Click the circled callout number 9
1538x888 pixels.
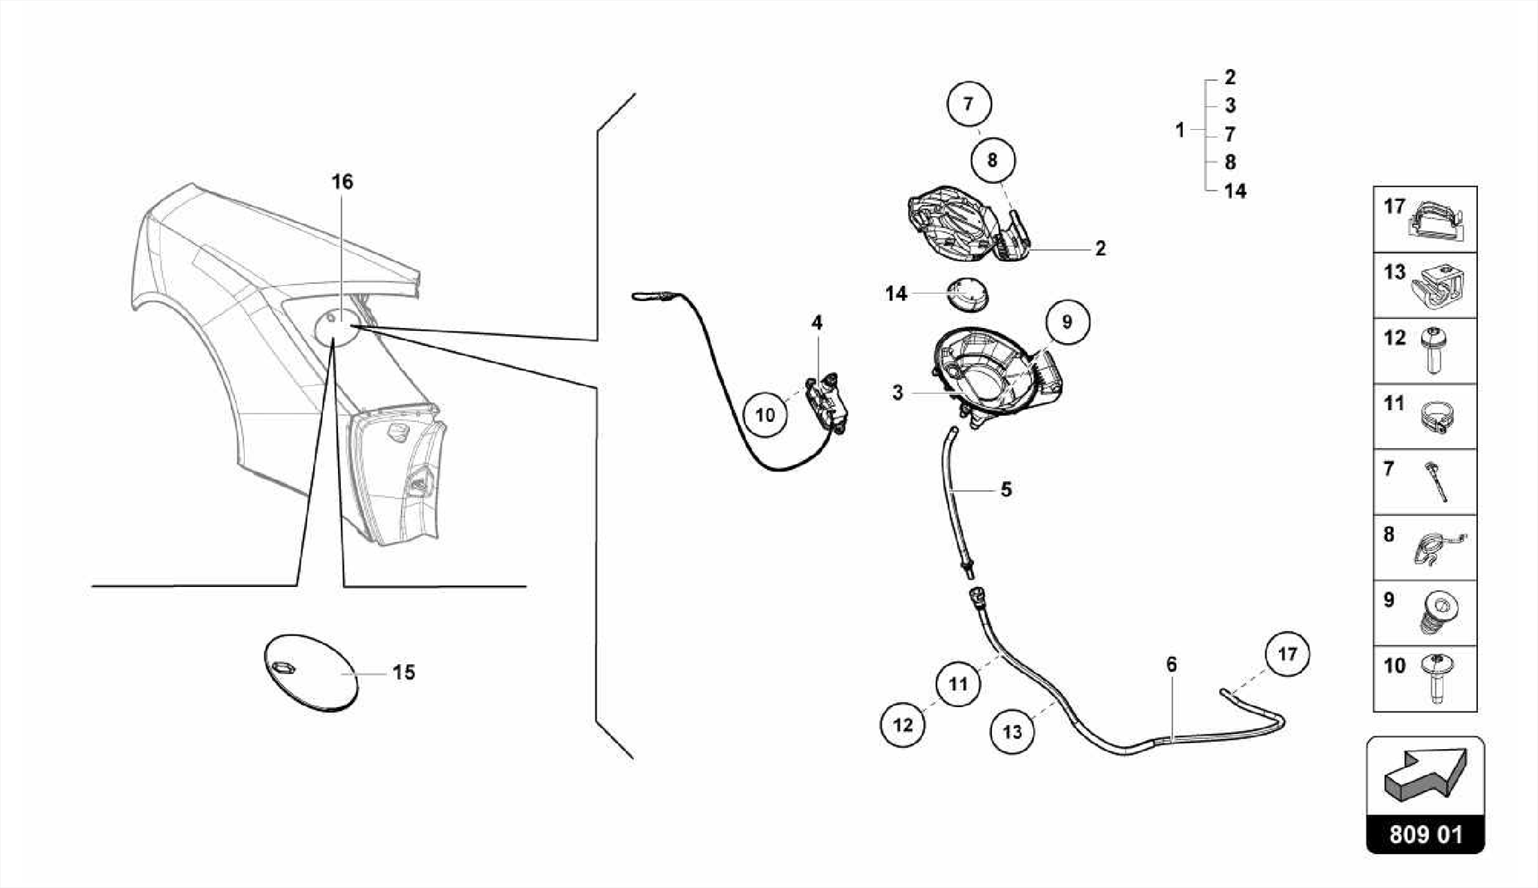1066,322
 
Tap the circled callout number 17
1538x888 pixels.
1287,654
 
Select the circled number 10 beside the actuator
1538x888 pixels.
764,414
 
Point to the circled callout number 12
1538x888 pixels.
903,724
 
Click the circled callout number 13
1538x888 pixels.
1012,731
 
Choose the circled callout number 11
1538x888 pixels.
958,684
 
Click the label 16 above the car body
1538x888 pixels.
342,182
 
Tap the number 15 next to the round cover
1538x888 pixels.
404,673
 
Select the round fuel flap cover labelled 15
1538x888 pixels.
311,672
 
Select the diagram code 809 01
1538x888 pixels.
1425,835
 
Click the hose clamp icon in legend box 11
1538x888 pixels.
1437,417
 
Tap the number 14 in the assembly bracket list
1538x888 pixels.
1235,191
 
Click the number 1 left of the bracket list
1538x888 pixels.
1180,131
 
